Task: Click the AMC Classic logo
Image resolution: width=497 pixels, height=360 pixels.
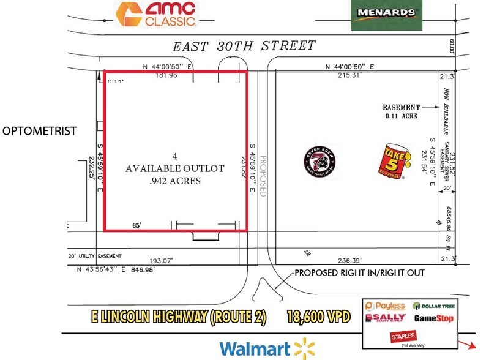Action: pyautogui.click(x=157, y=14)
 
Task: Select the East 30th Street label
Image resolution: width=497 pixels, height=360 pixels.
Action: pyautogui.click(x=244, y=46)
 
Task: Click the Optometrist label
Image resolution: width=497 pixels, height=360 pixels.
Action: pyautogui.click(x=39, y=131)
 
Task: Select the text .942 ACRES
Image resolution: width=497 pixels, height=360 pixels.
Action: pyautogui.click(x=176, y=181)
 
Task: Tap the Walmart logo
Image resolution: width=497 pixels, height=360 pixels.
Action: pyautogui.click(x=263, y=349)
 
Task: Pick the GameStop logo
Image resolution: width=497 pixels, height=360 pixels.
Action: pyautogui.click(x=433, y=318)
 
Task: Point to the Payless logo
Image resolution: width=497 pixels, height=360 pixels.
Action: pyautogui.click(x=387, y=306)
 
